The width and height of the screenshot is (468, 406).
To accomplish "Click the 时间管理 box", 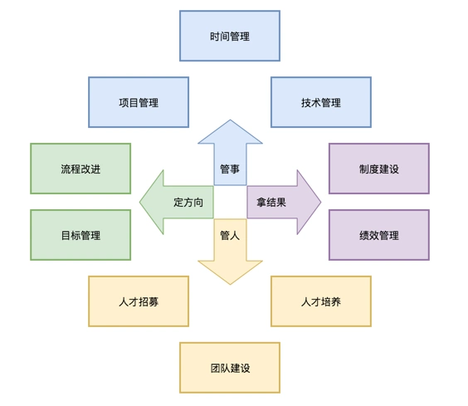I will (230, 36).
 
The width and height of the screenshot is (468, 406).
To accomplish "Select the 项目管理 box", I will (139, 102).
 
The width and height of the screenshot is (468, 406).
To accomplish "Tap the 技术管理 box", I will (321, 102).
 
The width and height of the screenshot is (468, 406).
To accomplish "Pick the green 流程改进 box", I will (80, 169).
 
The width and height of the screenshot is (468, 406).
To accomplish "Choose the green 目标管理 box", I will (80, 235).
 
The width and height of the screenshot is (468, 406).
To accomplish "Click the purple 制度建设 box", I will (379, 169).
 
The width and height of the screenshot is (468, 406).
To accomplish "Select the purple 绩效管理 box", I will (379, 235).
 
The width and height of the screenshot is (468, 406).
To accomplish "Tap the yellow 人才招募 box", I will (139, 301).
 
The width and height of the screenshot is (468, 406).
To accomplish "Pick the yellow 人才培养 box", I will (321, 301).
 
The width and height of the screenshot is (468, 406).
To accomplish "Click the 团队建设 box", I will (230, 368).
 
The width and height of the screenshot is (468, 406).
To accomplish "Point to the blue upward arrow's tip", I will (230, 122).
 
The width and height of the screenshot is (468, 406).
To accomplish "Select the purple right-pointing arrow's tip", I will (319, 202).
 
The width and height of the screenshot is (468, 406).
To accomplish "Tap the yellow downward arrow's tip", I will (230, 282).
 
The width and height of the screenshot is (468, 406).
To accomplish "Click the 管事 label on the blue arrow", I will (230, 169).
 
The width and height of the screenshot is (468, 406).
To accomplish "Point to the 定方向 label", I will (188, 202).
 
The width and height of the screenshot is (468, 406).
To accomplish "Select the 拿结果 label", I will (271, 202).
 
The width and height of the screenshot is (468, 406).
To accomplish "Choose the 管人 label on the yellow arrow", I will (230, 235).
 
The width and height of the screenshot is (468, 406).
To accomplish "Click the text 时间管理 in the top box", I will (230, 36).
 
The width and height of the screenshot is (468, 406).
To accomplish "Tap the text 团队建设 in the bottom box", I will (230, 368).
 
